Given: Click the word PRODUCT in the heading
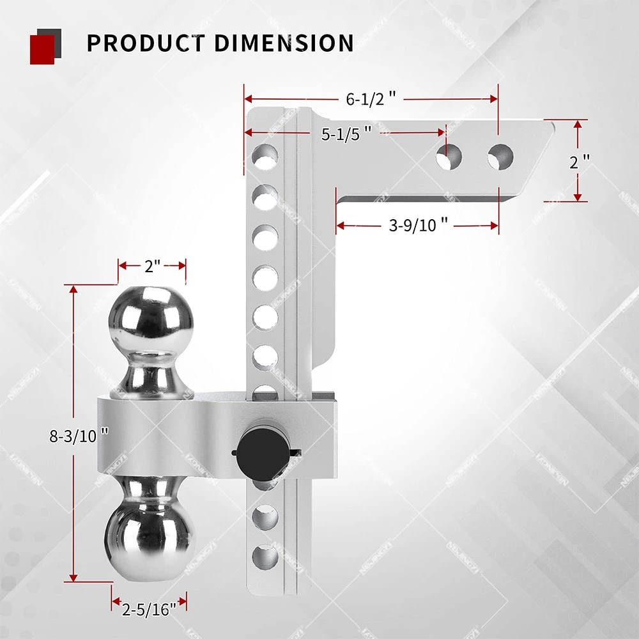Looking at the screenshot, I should click(145, 43).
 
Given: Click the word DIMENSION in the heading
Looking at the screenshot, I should click(284, 43).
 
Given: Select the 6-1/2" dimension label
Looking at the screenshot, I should click(371, 99).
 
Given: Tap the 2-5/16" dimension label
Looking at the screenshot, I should click(149, 610).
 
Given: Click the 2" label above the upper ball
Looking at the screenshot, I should click(151, 266).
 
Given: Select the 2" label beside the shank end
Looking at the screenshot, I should click(579, 162).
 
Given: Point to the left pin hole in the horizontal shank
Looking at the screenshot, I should click(449, 156).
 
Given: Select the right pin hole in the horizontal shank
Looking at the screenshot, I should click(500, 156).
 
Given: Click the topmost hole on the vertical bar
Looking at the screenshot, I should click(265, 156).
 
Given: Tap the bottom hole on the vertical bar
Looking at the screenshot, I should click(265, 557).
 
